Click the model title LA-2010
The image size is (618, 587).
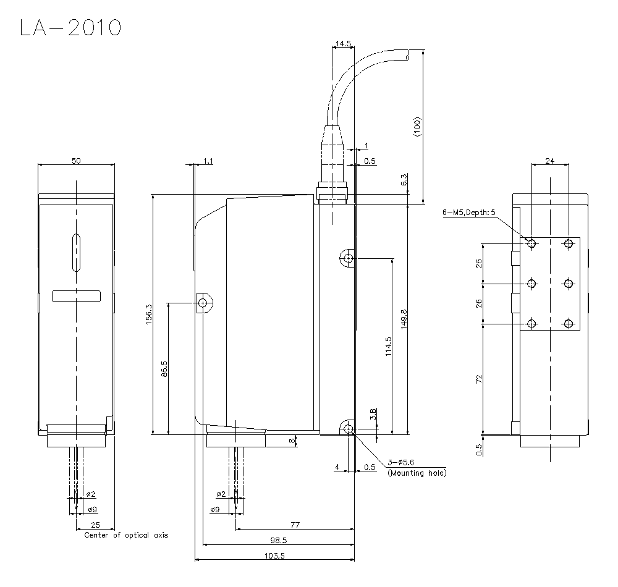pos(70,27)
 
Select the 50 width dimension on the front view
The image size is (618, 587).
pos(76,161)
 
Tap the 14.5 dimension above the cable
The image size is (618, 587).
pos(343,44)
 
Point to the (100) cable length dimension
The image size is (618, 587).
pos(417,127)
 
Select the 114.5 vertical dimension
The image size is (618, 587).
pos(387,346)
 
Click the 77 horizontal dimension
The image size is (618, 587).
pos(295,525)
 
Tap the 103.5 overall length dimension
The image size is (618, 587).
pos(274,555)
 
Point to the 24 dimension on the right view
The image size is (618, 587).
pos(549,161)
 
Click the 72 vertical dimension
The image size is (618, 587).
pos(479,379)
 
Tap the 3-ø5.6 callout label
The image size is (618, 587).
pos(402,462)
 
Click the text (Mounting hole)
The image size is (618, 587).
pos(417,473)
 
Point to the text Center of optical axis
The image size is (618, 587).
pos(126,535)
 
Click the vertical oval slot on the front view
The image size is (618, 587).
pos(76,252)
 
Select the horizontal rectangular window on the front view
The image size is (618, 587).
pos(76,295)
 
